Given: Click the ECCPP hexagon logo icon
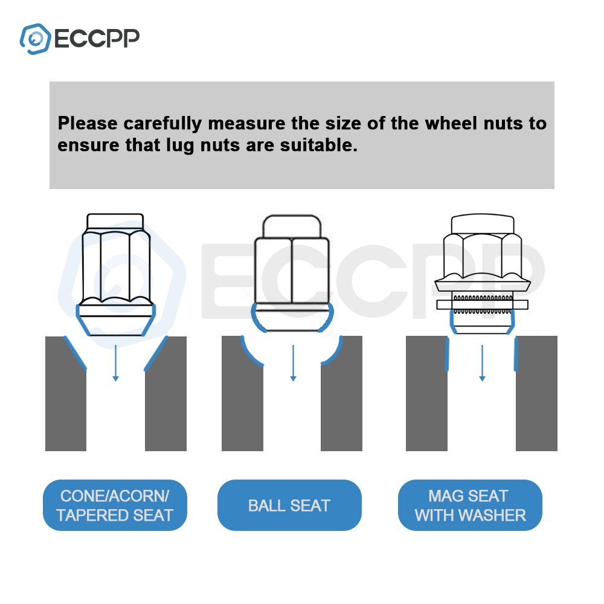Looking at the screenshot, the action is pos(35,39).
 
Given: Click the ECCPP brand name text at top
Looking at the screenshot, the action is pos(97,39).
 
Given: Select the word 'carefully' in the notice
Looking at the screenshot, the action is pos(162,124).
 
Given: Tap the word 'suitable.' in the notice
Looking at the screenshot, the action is pos(318,145).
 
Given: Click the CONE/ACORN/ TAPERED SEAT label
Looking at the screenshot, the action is pos(115,505).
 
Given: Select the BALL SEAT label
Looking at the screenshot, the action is pos(289,505).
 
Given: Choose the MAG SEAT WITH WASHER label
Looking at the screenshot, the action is pos(470,505).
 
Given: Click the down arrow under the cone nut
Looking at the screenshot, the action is pos(115,363).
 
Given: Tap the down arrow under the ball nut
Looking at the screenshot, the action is pos(293,363).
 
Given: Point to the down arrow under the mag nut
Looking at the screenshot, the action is pos(482,363).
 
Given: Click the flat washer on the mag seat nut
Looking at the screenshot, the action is pos(482,304).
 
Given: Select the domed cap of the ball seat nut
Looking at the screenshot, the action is pos(292,226).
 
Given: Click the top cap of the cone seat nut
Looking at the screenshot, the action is pos(115,222).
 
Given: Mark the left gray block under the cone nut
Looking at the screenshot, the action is pos(66,393).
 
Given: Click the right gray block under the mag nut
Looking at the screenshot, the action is pos(536,393).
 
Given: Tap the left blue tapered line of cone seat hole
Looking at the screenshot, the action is pos(75,353).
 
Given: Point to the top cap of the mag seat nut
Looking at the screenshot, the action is pos(482,224).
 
